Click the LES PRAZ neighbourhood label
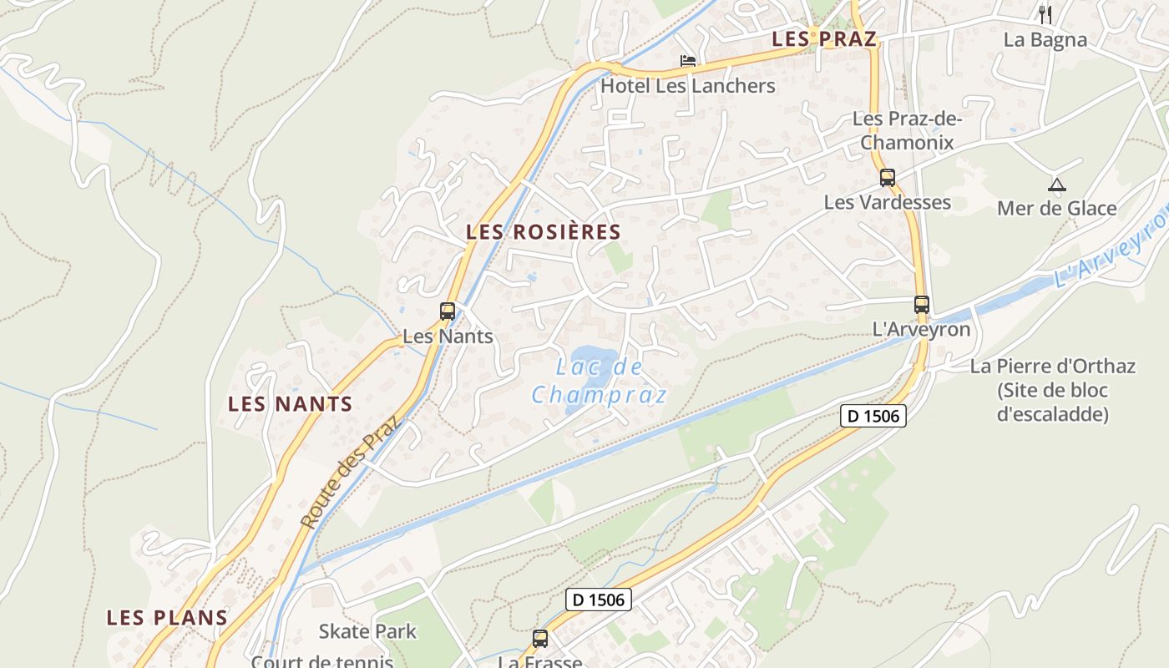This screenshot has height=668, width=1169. click(x=824, y=38)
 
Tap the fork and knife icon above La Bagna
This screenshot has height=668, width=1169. click(x=1045, y=13)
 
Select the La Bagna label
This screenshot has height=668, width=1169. click(x=1045, y=39)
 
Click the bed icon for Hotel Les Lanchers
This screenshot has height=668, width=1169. click(x=688, y=61)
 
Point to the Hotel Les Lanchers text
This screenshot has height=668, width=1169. click(x=688, y=86)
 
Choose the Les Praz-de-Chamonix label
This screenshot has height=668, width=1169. click(x=907, y=130)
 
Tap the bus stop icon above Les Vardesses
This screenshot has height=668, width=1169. click(x=888, y=177)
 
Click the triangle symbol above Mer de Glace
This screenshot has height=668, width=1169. click(x=1057, y=185)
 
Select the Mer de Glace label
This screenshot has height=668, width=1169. click(x=1056, y=208)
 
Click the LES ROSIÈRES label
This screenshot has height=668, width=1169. click(x=544, y=232)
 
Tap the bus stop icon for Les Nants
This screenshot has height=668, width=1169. click(x=448, y=311)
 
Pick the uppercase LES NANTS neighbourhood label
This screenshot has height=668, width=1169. click(x=291, y=404)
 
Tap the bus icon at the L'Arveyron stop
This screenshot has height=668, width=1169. click(x=922, y=305)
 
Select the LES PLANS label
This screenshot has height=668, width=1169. click(x=167, y=618)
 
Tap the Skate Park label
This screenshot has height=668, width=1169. click(x=367, y=631)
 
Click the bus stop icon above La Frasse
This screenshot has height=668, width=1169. click(x=540, y=639)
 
